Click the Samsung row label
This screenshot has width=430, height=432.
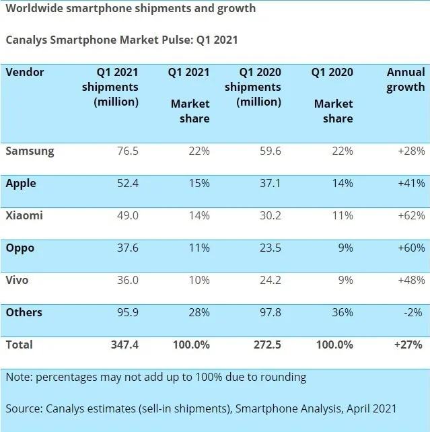point(30,151)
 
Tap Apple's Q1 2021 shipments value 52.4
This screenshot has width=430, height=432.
point(125,184)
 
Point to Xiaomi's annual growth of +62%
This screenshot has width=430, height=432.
point(410,216)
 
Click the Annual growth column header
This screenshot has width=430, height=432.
point(405,79)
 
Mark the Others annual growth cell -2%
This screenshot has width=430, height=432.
point(415,313)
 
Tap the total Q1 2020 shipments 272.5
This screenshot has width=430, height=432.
point(266,345)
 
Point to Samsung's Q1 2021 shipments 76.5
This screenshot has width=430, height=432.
point(125,151)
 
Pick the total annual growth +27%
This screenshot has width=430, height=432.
point(409,345)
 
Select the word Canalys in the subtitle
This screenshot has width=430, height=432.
point(28,40)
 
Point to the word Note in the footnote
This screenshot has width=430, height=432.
point(19,377)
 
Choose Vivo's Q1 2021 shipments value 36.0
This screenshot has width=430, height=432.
point(125,281)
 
